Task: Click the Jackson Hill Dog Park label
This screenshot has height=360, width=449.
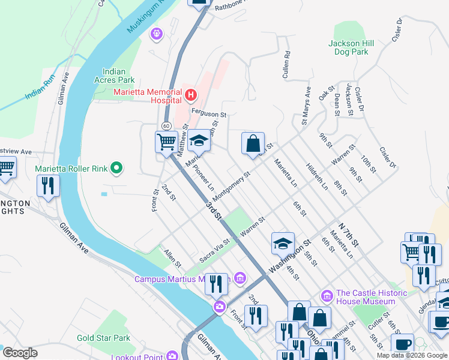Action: click(352, 47)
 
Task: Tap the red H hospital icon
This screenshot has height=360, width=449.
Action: click(191, 95)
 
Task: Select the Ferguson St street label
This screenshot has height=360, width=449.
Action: click(208, 113)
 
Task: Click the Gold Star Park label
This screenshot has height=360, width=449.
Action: click(104, 338)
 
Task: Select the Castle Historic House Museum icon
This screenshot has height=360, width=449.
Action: click(327, 296)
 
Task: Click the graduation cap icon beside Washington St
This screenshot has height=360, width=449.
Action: click(283, 243)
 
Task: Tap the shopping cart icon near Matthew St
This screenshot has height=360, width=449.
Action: click(166, 142)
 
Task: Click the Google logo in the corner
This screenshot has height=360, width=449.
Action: click(20, 353)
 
